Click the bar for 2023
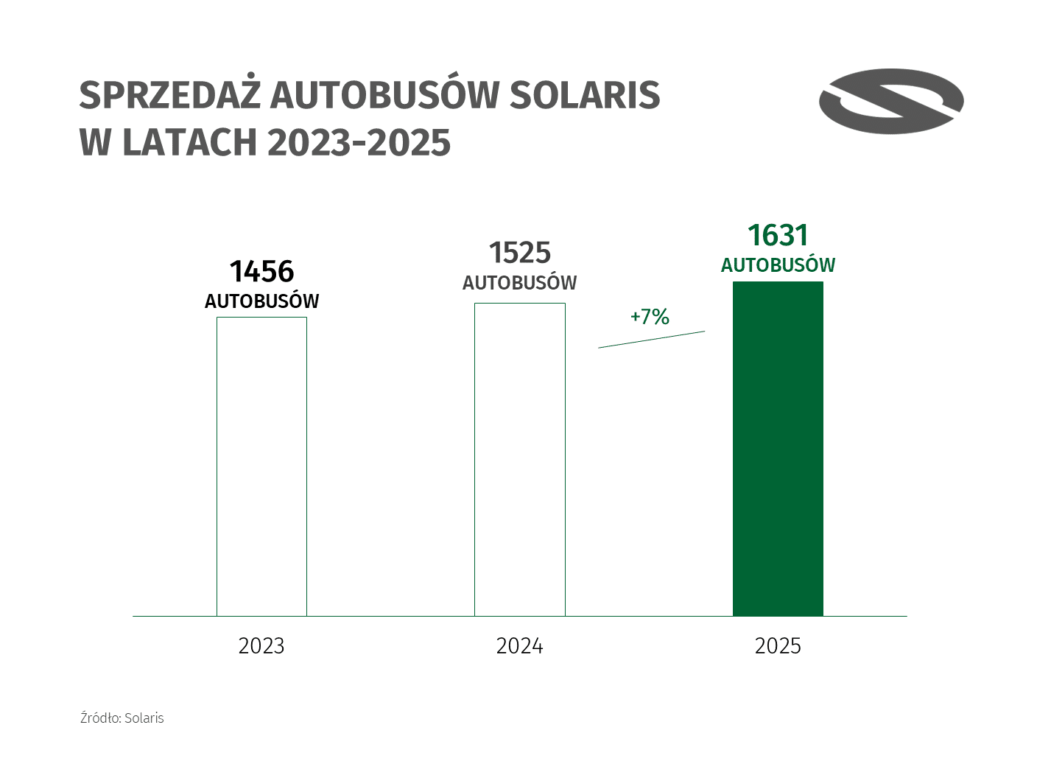click(261, 466)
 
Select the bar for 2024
click(519, 458)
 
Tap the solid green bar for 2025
click(778, 448)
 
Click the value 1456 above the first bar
click(261, 271)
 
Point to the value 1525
click(520, 253)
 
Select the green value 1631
click(778, 235)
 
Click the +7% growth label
click(650, 317)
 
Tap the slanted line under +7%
click(651, 340)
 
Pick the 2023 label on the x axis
click(261, 646)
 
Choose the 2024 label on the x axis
click(520, 646)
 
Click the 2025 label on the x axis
click(778, 646)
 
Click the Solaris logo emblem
click(891, 101)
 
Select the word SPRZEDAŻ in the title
click(169, 95)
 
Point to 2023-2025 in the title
click(359, 142)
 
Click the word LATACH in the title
click(189, 142)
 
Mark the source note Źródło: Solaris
click(122, 718)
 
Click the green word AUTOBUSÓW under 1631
click(778, 265)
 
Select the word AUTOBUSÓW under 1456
click(261, 301)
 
